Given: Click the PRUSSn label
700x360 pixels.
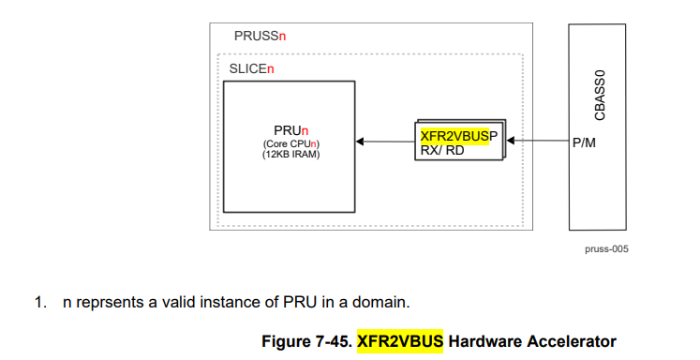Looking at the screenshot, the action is [260, 36].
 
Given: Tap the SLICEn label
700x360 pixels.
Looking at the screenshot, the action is [251, 68].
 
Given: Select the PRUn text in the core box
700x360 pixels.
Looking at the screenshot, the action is [291, 131].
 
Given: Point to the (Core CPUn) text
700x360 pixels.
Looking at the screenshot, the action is [291, 144].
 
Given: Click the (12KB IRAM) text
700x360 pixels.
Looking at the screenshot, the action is [291, 155].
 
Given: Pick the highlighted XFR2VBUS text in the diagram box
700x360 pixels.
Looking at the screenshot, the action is [454, 136].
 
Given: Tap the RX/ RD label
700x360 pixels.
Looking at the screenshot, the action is [442, 151].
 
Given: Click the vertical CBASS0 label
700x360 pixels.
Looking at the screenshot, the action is [600, 95].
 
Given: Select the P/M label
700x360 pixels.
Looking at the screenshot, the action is [584, 142].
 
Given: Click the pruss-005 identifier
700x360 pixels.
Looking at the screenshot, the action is [606, 249].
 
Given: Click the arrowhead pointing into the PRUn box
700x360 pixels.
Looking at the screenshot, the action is [360, 142].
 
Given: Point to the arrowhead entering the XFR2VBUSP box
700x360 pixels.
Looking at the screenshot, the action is [511, 141].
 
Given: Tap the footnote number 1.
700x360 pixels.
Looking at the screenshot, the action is [40, 303].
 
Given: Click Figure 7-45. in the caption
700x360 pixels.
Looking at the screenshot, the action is [307, 341].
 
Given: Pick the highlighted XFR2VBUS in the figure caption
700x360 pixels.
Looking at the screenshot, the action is [400, 341].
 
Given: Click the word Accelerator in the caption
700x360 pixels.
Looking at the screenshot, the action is [572, 341].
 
